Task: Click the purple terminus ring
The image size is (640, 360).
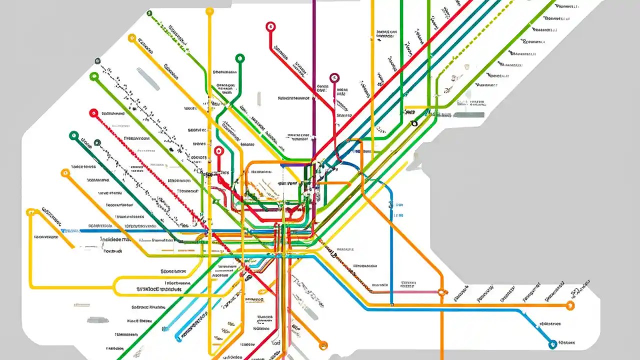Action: click(334, 77)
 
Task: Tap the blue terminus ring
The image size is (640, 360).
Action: click(552, 343)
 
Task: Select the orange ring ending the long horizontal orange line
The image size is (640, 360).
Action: click(570, 305)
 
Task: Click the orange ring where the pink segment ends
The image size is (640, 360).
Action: click(441, 292)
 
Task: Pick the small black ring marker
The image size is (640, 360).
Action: click(413, 123)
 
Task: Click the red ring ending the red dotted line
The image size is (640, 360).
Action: click(93, 113)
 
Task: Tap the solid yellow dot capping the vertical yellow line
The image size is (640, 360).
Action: click(209, 11)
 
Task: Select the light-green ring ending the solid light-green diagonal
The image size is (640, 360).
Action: click(93, 77)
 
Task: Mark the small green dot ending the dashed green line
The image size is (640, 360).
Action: click(149, 13)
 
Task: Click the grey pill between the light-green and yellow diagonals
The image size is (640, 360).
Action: click(148, 79)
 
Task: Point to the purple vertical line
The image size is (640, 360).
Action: click(313, 75)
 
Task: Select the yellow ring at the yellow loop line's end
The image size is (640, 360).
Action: click(31, 212)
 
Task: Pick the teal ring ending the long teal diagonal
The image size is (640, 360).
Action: click(74, 135)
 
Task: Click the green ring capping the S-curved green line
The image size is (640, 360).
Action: click(240, 58)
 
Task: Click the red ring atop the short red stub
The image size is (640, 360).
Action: click(218, 150)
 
